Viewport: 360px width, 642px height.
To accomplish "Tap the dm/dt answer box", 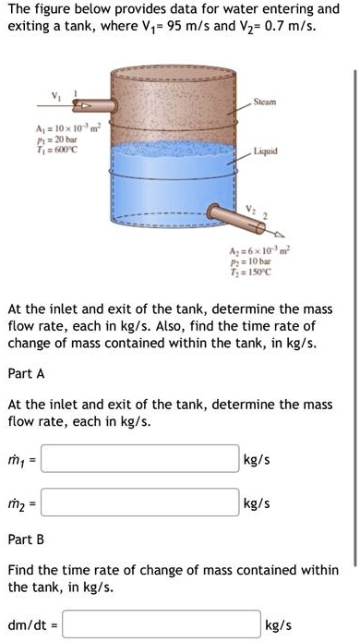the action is (162, 625).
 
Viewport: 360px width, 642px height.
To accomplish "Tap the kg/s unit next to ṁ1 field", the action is (257, 459).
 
